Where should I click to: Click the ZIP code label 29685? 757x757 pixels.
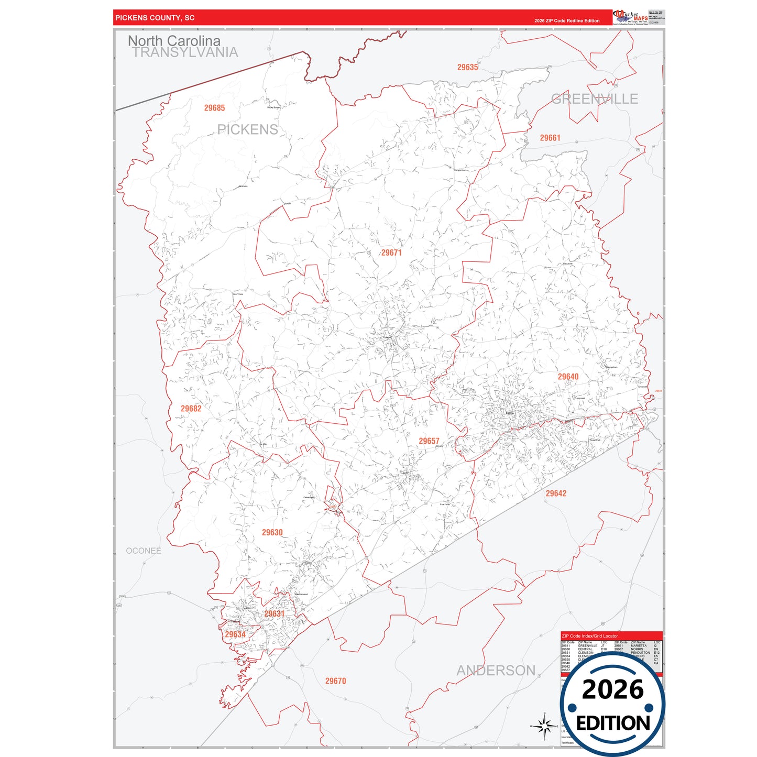(x=214, y=108)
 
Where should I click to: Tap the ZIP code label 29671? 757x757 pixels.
(x=391, y=253)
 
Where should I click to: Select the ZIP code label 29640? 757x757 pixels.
(x=568, y=377)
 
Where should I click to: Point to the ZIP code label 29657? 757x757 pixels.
(x=429, y=441)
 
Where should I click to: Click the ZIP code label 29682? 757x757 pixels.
(x=191, y=409)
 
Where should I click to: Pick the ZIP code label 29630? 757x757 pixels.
(x=272, y=532)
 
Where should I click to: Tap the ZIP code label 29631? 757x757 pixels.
(x=274, y=613)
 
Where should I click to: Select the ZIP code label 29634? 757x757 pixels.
(x=235, y=634)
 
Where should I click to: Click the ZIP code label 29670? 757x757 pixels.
(x=335, y=681)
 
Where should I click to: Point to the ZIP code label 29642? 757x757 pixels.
(x=556, y=493)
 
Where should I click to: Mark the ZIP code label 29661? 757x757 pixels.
(x=550, y=138)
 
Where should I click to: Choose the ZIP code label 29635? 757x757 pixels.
(x=467, y=67)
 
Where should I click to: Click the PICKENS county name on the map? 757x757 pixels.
(x=247, y=129)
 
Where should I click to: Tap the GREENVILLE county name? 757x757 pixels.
(x=595, y=99)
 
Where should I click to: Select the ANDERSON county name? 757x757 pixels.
(x=496, y=671)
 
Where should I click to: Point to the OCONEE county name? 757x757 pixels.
(x=144, y=551)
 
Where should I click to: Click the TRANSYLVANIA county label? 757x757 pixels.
(x=185, y=52)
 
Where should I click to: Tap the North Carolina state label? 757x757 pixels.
(x=174, y=40)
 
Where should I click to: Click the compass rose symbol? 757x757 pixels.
(x=544, y=726)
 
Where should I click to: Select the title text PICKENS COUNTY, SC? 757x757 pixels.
(x=155, y=18)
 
